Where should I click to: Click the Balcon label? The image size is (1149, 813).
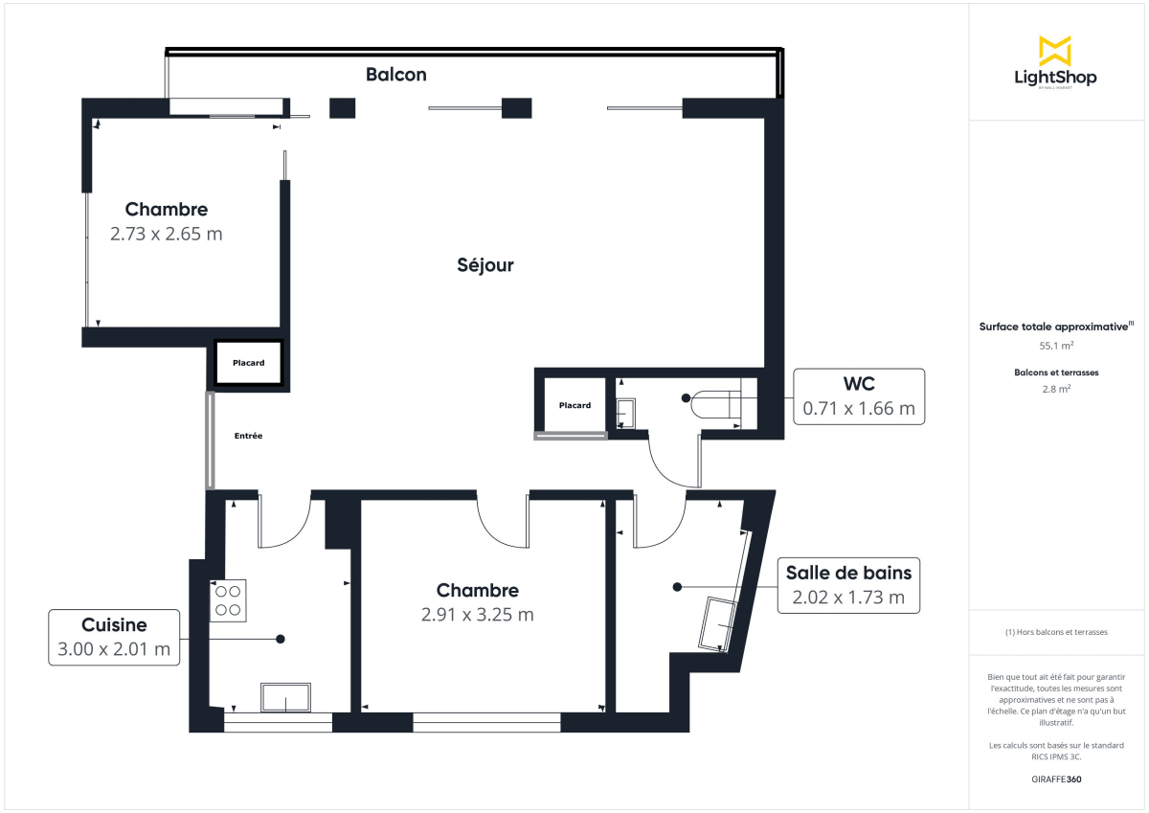pos(395,74)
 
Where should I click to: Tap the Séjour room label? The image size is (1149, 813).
pos(484,265)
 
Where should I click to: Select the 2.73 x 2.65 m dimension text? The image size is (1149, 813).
pos(166,234)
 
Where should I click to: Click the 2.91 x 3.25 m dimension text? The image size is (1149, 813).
pos(477,615)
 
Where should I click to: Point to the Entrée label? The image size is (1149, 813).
pos(248,436)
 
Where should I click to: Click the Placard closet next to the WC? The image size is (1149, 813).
pos(574,405)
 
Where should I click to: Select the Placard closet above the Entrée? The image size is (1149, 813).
pos(248,363)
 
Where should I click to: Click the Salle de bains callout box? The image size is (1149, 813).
pos(848,585)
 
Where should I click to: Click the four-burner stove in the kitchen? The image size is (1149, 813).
pos(228,599)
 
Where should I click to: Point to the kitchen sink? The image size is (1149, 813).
pos(286,698)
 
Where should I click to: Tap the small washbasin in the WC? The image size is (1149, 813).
pos(625,412)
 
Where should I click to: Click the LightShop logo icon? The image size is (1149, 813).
pos(1055,51)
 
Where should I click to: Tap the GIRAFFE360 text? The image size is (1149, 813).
pos(1056,779)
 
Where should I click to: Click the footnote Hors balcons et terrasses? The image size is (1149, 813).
pos(1056,632)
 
